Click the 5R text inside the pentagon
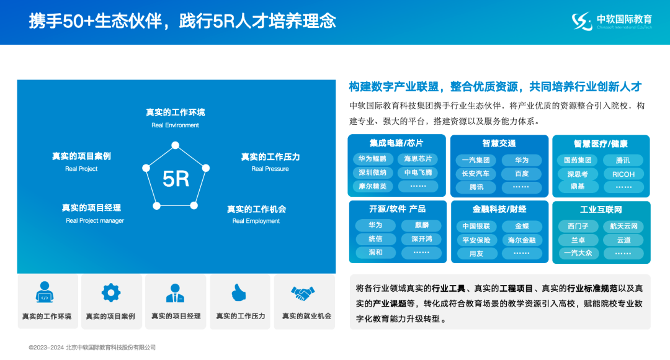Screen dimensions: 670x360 tap(176, 179)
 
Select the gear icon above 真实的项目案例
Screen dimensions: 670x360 tap(111, 292)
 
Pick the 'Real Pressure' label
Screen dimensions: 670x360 tap(270, 169)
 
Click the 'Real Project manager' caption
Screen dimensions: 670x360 tap(95, 220)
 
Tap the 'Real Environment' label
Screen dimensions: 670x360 tap(175, 125)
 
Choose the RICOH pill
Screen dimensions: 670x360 tap(623, 174)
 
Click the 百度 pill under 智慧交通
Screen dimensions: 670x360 tap(522, 174)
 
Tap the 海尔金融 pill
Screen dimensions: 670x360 tap(522, 240)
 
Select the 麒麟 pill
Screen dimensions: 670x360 tap(421, 225)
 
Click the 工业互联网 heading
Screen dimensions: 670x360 tap(601, 209)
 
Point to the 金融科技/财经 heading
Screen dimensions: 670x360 tap(499, 209)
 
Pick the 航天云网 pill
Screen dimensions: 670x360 tap(623, 226)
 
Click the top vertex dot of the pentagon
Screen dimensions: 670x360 tap(175, 145)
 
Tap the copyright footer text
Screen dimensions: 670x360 tap(92, 348)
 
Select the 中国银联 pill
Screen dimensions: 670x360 tap(476, 227)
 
